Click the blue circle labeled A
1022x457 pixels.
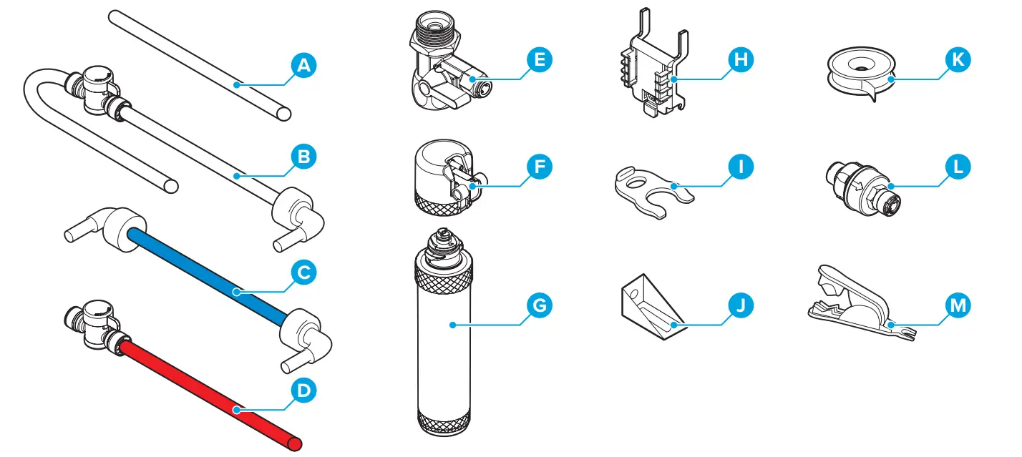(x=304, y=66)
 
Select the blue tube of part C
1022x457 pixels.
(x=208, y=275)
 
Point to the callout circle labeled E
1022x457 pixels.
(x=540, y=59)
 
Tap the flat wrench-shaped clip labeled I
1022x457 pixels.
(x=651, y=190)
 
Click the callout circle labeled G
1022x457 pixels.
(x=540, y=305)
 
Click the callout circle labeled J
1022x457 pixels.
(x=741, y=305)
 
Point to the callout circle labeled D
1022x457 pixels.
(x=304, y=390)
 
